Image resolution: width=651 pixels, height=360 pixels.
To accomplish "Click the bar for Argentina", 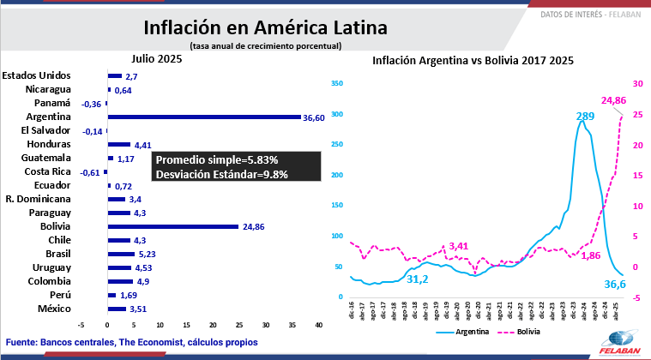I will point(204,117).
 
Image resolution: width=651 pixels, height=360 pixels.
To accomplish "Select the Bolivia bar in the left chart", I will point(172,226).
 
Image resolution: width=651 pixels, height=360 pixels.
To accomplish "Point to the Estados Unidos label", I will point(49,75).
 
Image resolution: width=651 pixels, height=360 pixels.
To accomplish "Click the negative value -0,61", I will point(90,172).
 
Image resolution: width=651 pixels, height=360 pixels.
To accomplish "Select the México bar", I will point(117,309).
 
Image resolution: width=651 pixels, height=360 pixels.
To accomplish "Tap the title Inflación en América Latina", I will point(265,27).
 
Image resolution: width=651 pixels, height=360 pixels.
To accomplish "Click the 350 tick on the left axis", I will point(336,84).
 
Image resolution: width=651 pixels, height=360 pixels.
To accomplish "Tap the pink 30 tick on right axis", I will point(636,84).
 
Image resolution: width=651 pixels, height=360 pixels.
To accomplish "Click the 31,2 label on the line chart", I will point(418,279).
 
